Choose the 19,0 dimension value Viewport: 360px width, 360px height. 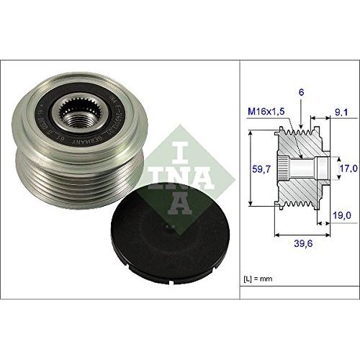[x=342, y=215]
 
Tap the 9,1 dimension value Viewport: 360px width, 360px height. [x=342, y=112]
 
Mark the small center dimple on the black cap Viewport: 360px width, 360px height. [x=166, y=230]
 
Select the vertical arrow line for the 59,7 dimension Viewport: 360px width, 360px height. [x=248, y=170]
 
